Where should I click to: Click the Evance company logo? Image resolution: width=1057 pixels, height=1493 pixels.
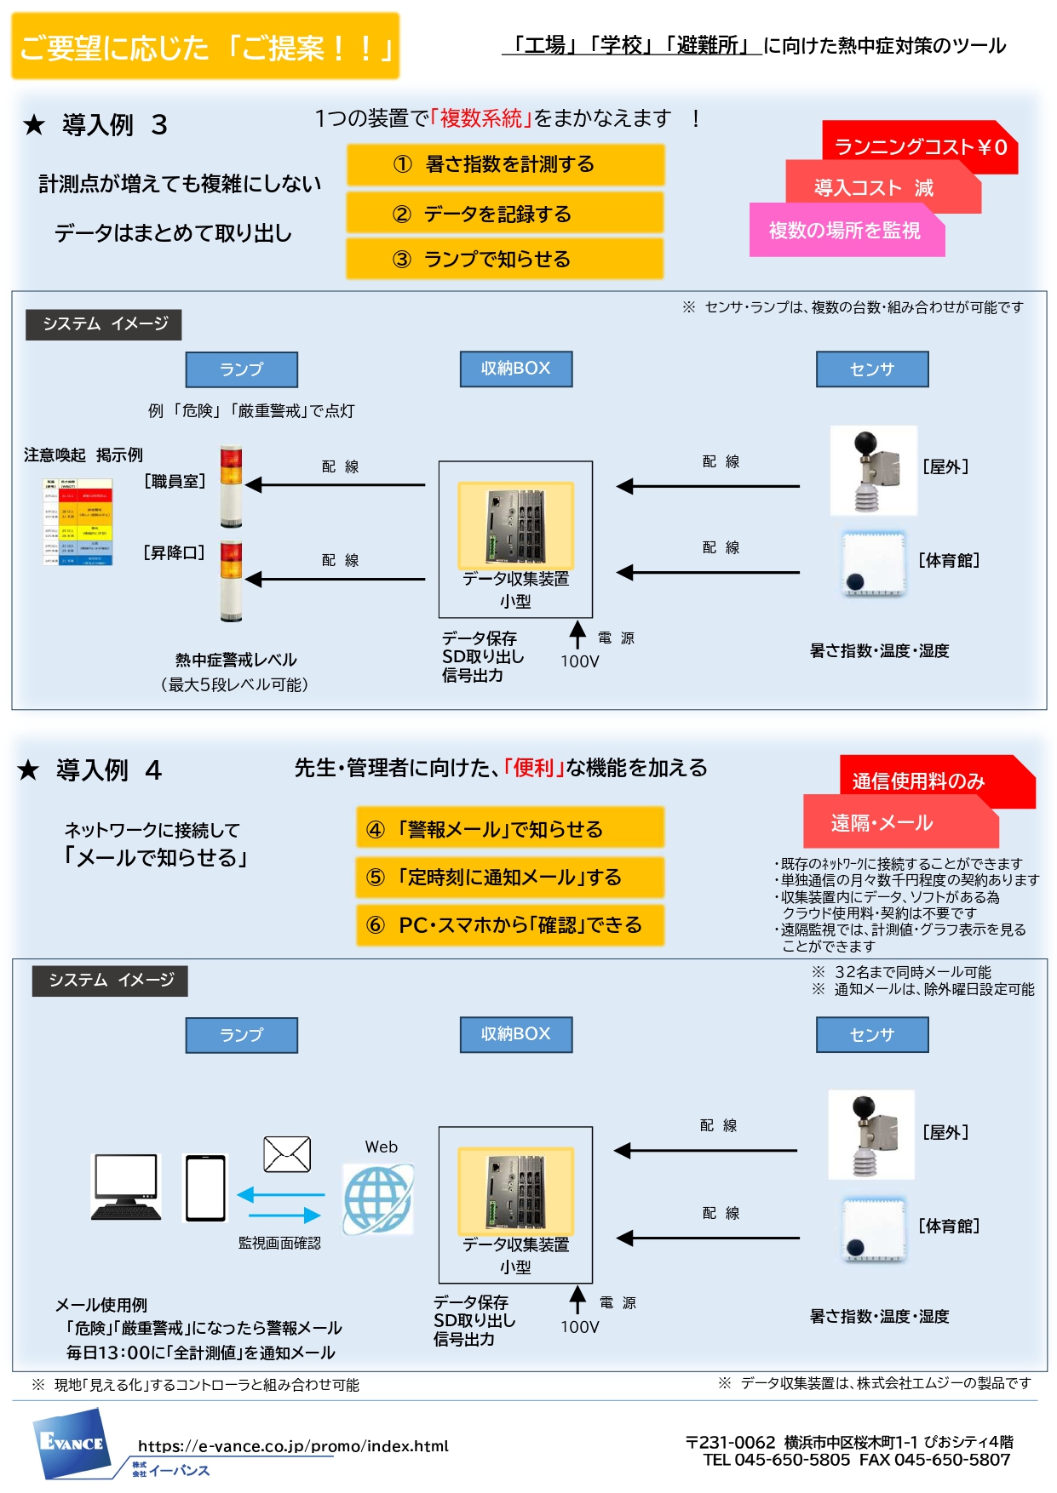73,1442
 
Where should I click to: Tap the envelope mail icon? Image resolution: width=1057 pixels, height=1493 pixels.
287,1155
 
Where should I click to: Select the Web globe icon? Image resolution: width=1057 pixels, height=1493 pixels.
378,1199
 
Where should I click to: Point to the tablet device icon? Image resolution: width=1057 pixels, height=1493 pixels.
206,1188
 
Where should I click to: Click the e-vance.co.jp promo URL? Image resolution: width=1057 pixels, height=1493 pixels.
293,1445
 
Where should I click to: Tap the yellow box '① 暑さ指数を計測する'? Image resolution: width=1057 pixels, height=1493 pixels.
505,164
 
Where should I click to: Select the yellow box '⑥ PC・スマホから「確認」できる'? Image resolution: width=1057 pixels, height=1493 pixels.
509,925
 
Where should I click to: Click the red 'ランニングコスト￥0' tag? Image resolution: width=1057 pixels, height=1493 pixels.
920,147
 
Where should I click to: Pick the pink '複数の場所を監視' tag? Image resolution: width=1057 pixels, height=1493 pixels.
845,231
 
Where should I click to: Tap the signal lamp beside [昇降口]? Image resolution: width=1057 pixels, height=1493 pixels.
231,581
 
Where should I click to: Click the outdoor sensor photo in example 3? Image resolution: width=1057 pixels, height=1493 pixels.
874,471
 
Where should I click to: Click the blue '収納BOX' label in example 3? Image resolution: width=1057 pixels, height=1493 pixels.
515,369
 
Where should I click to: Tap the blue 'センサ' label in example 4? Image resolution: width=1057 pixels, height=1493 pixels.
872,1035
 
